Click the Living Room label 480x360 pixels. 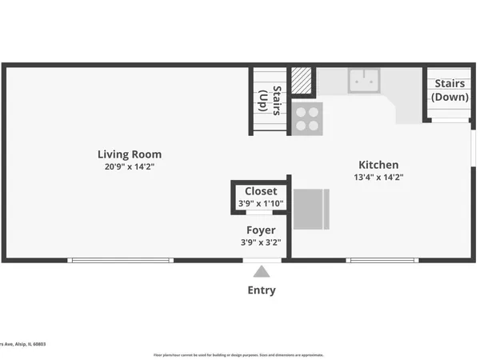click(130, 154)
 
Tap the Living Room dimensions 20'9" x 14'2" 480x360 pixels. click(130, 167)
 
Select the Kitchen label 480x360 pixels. click(378, 165)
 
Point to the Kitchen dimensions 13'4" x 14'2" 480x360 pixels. click(378, 178)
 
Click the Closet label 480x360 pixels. click(261, 191)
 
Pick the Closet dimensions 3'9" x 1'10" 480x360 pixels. click(261, 203)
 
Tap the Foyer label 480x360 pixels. click(261, 230)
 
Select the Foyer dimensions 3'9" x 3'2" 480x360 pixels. click(261, 242)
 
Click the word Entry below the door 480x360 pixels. click(262, 290)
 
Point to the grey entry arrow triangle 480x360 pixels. click(262, 272)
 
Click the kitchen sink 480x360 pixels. click(365, 80)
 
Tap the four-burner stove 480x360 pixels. click(307, 118)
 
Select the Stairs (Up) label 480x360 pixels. click(270, 101)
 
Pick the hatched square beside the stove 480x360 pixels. click(301, 81)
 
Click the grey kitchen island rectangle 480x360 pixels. click(311, 210)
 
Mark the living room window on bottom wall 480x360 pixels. click(120, 259)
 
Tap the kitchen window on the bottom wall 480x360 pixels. click(382, 259)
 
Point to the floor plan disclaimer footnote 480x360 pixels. click(238, 354)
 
